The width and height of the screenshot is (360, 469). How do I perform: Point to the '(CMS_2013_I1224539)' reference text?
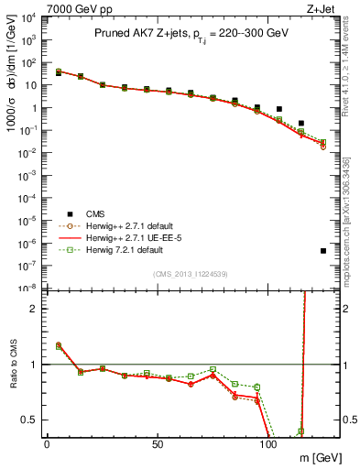coord(191,273)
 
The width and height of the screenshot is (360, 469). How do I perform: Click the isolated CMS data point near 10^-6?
coord(323,250)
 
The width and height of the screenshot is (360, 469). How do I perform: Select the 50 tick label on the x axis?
coord(158,443)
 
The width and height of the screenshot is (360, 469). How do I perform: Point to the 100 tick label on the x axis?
coord(268,443)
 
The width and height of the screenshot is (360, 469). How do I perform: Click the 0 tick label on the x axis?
coord(47,443)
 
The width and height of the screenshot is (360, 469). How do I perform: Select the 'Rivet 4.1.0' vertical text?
coord(353,69)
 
